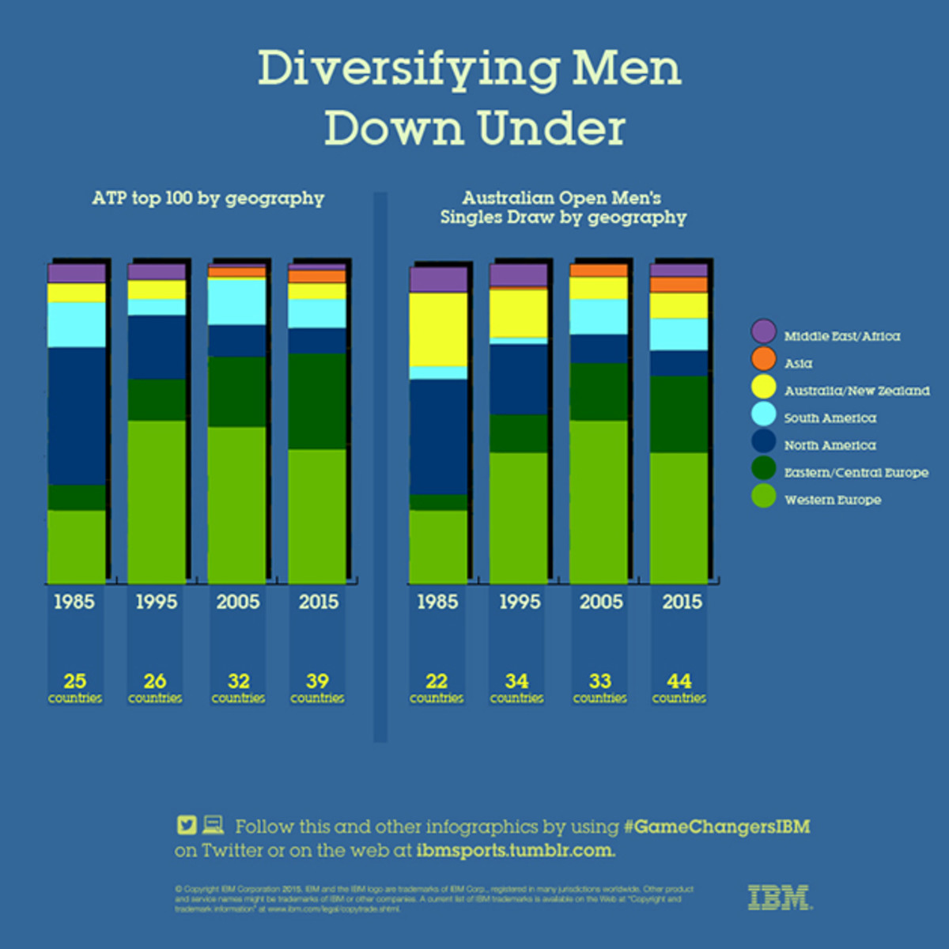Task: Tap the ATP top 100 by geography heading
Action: pos(208,198)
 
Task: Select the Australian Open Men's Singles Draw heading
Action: pos(563,208)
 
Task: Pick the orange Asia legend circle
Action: pos(763,360)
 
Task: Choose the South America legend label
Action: pos(830,418)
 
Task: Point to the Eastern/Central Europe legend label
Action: pos(856,472)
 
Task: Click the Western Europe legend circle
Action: pos(763,496)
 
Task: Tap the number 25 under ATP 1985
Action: pos(75,681)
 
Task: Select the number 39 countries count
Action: pos(317,681)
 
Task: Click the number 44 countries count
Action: pos(679,681)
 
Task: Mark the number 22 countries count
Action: pos(437,681)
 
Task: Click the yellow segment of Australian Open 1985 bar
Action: pos(438,329)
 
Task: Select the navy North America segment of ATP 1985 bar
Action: pos(77,415)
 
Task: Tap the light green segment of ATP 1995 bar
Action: pos(157,501)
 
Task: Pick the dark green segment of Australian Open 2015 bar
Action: pos(679,414)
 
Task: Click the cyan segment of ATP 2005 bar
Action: pos(237,301)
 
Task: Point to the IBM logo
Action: pos(779,898)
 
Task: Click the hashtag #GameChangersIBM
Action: pos(716,827)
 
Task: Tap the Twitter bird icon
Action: pos(187,826)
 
